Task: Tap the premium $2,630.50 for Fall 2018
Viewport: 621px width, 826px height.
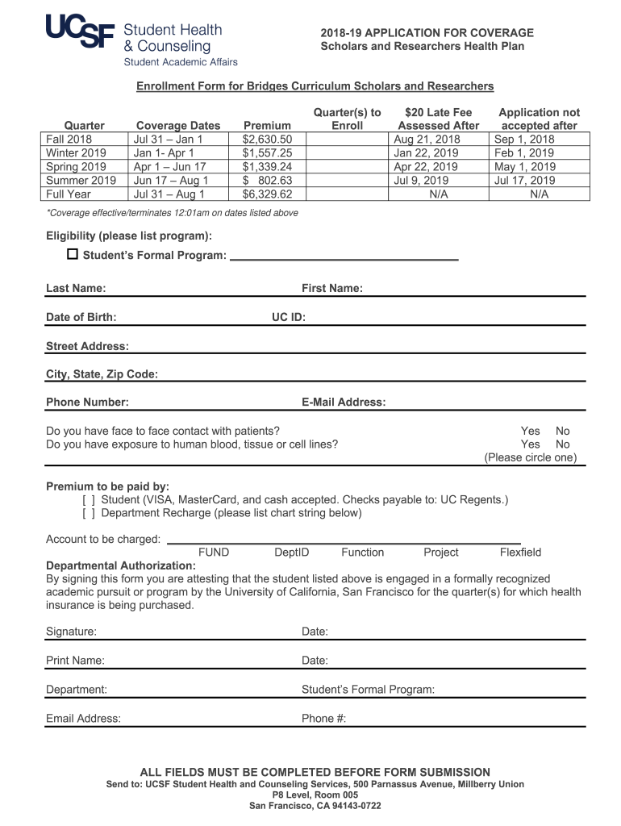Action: (x=267, y=140)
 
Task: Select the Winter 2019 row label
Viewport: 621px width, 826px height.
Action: (x=76, y=153)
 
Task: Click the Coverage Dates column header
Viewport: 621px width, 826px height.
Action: (x=178, y=125)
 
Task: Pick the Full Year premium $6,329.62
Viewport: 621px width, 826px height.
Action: (x=267, y=194)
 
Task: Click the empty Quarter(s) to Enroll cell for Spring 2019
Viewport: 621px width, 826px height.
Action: (x=348, y=167)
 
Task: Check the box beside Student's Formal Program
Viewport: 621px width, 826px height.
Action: (x=73, y=255)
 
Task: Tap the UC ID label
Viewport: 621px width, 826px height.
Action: (x=288, y=317)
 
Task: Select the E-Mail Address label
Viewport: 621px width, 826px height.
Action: (x=344, y=402)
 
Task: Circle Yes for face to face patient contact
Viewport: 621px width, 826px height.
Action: (x=531, y=432)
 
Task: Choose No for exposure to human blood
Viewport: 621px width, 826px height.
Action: (x=562, y=444)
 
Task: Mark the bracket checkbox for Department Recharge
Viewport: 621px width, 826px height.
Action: (x=89, y=513)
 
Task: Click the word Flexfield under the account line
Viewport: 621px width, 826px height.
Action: (x=520, y=553)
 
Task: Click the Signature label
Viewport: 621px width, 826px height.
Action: (x=71, y=632)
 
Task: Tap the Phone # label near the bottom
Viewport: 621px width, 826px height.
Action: (x=323, y=719)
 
